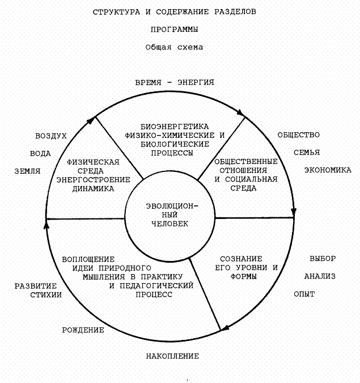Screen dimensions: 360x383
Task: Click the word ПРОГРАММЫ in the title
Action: pos(174,30)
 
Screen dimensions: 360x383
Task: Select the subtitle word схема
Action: pos(190,47)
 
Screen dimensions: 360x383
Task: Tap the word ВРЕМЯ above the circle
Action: pos(148,83)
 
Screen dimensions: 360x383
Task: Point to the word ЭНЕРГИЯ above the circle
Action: pos(196,82)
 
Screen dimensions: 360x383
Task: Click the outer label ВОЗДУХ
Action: pos(51,136)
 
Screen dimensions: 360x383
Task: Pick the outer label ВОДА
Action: pos(40,154)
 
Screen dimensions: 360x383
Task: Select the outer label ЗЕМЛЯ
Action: pos(27,171)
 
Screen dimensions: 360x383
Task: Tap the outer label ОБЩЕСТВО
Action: pos(299,135)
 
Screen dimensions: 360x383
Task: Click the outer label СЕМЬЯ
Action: pos(307,153)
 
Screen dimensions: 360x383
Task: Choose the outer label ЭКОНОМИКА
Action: pos(328,170)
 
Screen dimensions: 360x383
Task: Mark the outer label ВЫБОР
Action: pos(323,258)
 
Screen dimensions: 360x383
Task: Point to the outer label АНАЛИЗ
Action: pos(320,276)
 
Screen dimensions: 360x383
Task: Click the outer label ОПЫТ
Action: pos(304,294)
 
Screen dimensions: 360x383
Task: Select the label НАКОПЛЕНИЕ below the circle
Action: pos(172,356)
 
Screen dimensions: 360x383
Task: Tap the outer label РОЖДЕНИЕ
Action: pos(83,330)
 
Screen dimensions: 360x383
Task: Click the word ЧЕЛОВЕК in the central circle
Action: pos(170,224)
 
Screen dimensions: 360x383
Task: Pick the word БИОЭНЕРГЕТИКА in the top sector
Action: pos(175,127)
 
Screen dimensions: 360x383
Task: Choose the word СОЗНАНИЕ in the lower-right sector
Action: pos(241,259)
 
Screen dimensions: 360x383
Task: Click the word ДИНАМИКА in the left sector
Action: pos(93,188)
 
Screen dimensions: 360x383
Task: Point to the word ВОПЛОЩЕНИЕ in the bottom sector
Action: pos(88,259)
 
